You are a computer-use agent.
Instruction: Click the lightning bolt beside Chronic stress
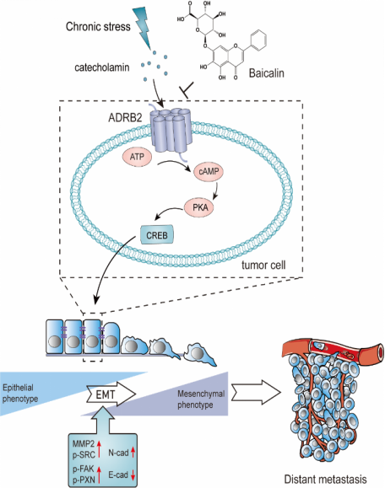click(x=143, y=27)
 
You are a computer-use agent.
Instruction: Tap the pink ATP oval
click(x=137, y=157)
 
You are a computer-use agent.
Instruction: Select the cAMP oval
click(x=209, y=171)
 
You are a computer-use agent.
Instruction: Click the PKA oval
click(x=200, y=207)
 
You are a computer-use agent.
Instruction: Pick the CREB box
click(x=157, y=235)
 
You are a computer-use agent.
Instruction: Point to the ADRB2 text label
click(x=125, y=118)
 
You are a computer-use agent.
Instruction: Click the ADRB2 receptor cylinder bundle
click(x=171, y=131)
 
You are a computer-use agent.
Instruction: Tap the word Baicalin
click(x=267, y=73)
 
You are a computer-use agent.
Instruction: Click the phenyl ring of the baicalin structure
click(x=258, y=40)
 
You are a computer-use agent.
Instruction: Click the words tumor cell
click(x=263, y=265)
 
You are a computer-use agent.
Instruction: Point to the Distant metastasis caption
click(x=325, y=479)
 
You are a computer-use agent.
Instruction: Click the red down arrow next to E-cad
click(x=133, y=475)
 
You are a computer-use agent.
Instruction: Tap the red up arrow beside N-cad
click(x=133, y=452)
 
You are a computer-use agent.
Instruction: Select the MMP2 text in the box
click(x=84, y=444)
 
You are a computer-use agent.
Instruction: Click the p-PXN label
click(x=84, y=480)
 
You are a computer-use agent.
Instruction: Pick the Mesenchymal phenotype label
click(x=201, y=400)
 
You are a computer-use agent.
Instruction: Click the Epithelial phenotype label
click(x=20, y=393)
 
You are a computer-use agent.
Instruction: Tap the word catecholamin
click(x=101, y=67)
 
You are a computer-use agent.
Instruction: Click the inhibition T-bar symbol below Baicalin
click(x=187, y=90)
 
